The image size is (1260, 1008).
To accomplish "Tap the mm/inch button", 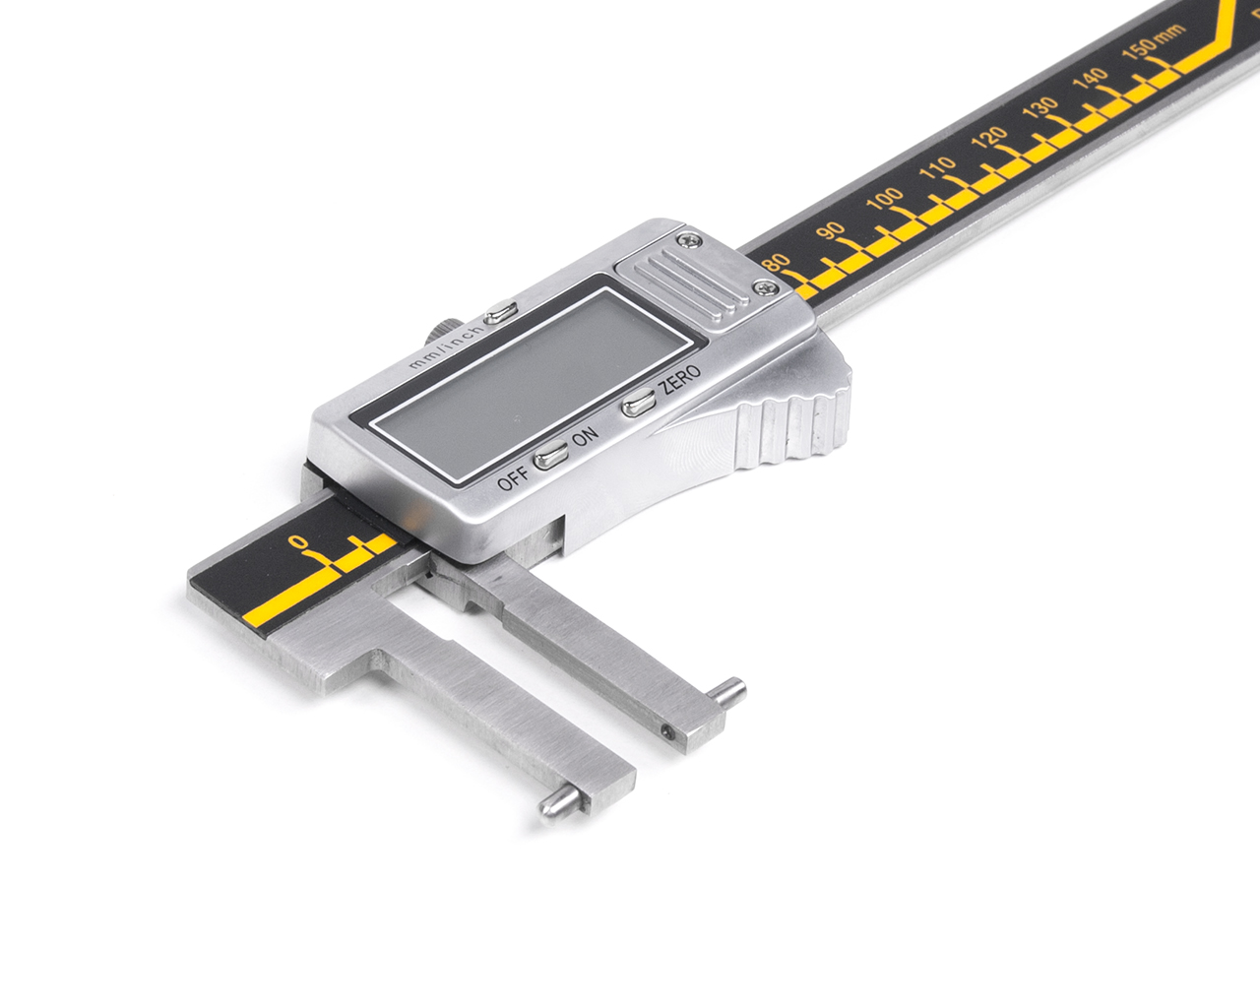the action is point(500,312).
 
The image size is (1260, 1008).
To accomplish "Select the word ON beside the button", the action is point(585,436).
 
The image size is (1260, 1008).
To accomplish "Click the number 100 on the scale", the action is point(884,198).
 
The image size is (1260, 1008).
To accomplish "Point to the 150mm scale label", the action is point(1154,42).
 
